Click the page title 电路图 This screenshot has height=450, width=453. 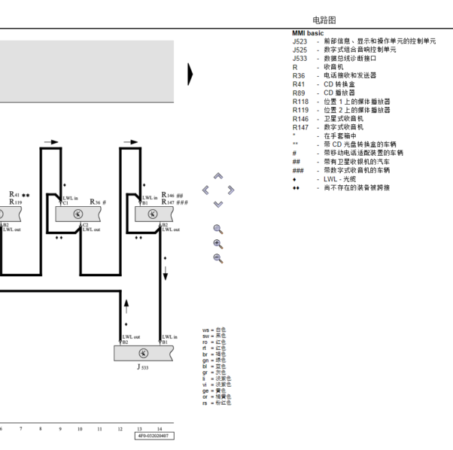click(324, 20)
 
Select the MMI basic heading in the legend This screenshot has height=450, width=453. click(307, 33)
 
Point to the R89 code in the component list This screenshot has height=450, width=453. click(299, 93)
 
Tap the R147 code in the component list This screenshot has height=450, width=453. click(300, 127)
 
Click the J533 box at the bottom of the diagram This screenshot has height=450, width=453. click(142, 353)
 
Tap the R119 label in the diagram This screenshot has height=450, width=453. click(15, 202)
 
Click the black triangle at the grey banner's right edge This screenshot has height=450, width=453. click(190, 73)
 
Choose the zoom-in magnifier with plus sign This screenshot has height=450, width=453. click(218, 244)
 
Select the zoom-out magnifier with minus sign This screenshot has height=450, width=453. click(218, 258)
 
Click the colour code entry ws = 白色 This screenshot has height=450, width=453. click(214, 330)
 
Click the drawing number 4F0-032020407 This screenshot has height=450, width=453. click(152, 436)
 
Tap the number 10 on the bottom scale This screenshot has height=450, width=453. click(80, 428)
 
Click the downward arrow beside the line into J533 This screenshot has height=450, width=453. click(165, 272)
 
